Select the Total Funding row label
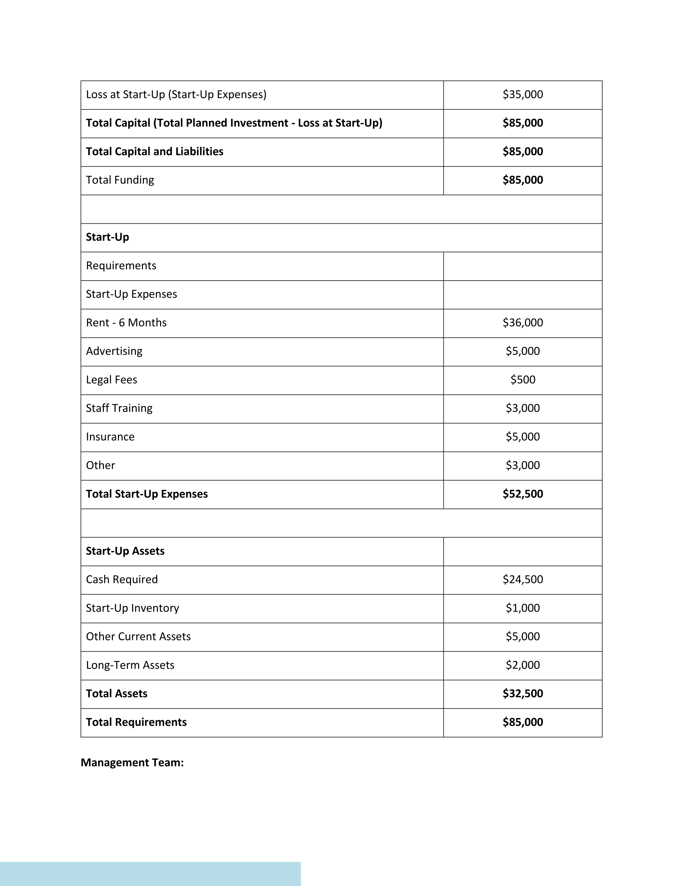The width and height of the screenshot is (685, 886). tap(120, 180)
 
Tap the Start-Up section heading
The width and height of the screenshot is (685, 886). tap(107, 237)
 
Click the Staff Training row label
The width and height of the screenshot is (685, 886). tap(119, 408)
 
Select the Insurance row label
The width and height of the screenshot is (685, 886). tap(110, 437)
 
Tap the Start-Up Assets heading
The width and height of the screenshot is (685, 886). tap(125, 551)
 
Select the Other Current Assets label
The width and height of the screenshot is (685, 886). tap(138, 637)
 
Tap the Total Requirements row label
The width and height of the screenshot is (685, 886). tap(136, 722)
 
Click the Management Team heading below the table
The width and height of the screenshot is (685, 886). tap(132, 763)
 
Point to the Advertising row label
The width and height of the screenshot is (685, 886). tap(114, 351)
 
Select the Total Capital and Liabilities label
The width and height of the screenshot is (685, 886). tap(154, 152)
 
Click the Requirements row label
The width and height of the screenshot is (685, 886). tap(121, 266)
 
